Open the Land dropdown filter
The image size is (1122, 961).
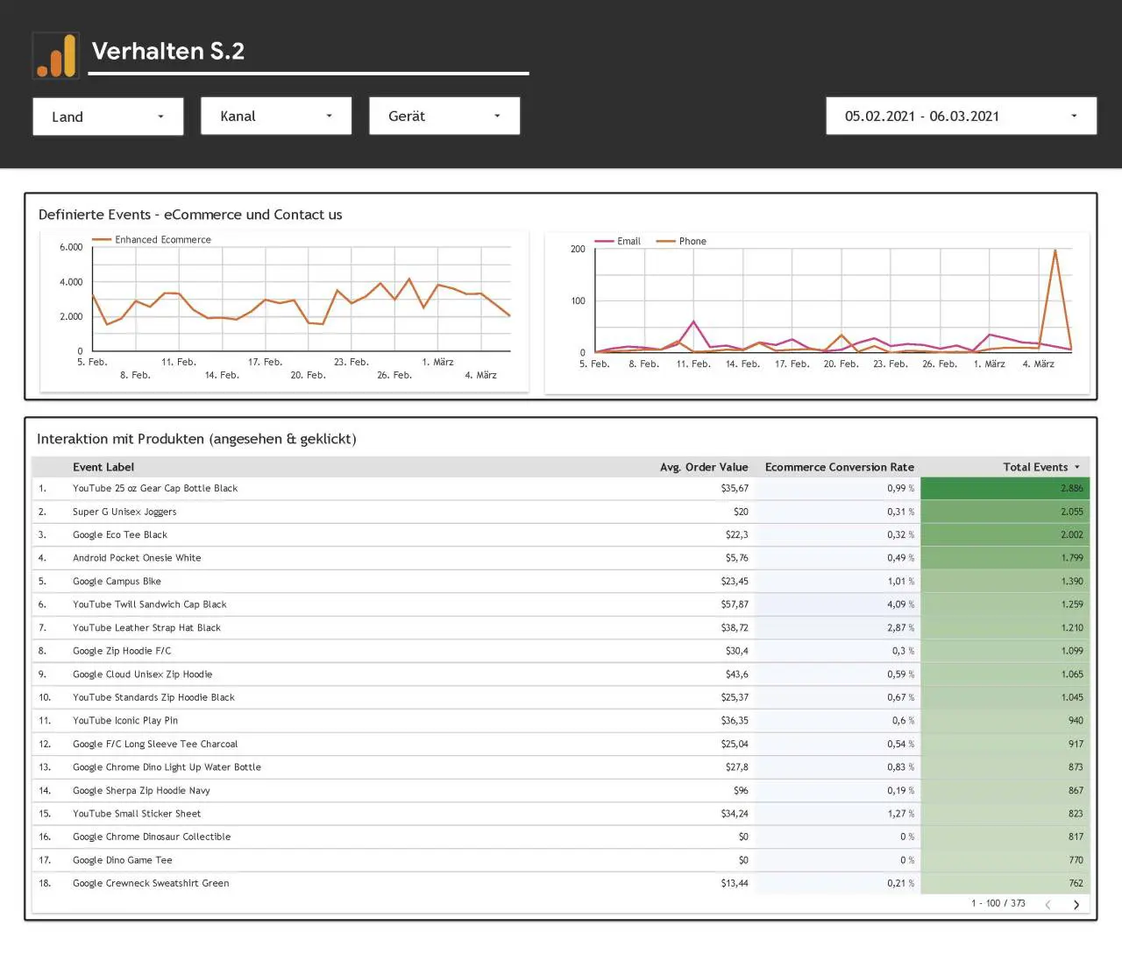pyautogui.click(x=108, y=117)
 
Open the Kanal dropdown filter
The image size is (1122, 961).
pyautogui.click(x=276, y=116)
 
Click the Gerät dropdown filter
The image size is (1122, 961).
pyautogui.click(x=444, y=116)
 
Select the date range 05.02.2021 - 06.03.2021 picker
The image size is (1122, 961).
pyautogui.click(x=961, y=116)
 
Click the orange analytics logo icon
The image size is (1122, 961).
pyautogui.click(x=56, y=55)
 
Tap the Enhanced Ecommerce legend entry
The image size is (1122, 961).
pyautogui.click(x=152, y=239)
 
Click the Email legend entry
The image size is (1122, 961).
pyautogui.click(x=618, y=241)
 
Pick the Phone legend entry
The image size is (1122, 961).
pyautogui.click(x=681, y=241)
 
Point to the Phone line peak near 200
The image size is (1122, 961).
pyautogui.click(x=1055, y=251)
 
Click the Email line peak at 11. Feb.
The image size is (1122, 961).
pyautogui.click(x=693, y=322)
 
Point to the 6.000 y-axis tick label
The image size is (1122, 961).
pyautogui.click(x=71, y=247)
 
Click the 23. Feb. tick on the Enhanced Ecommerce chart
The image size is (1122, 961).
pyautogui.click(x=352, y=362)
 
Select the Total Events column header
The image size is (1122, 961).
pyautogui.click(x=1035, y=467)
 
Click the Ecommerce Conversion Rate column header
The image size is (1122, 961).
pyautogui.click(x=839, y=467)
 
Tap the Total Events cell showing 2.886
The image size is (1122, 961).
pyautogui.click(x=1005, y=488)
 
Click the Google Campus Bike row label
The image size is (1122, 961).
pyautogui.click(x=117, y=581)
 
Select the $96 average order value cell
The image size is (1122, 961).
pyautogui.click(x=741, y=790)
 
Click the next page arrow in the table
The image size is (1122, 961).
pyautogui.click(x=1076, y=905)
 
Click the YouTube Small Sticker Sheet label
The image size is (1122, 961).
pyautogui.click(x=137, y=814)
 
